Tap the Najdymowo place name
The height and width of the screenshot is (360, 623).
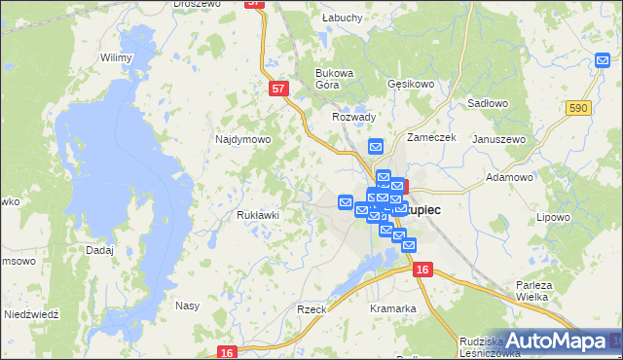click(x=242, y=139)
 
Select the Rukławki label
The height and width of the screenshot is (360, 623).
click(x=259, y=215)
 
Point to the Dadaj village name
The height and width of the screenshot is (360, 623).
click(x=100, y=250)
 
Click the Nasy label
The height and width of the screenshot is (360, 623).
click(x=187, y=306)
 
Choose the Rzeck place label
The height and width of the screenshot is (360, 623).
click(x=311, y=308)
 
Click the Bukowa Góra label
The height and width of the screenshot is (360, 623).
click(x=334, y=79)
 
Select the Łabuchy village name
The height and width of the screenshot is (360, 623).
click(x=342, y=18)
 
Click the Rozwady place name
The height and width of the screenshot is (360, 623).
click(x=353, y=117)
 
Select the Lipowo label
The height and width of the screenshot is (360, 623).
click(x=553, y=217)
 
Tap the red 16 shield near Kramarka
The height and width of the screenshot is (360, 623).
click(x=421, y=270)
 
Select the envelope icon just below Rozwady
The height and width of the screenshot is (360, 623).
click(x=377, y=147)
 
